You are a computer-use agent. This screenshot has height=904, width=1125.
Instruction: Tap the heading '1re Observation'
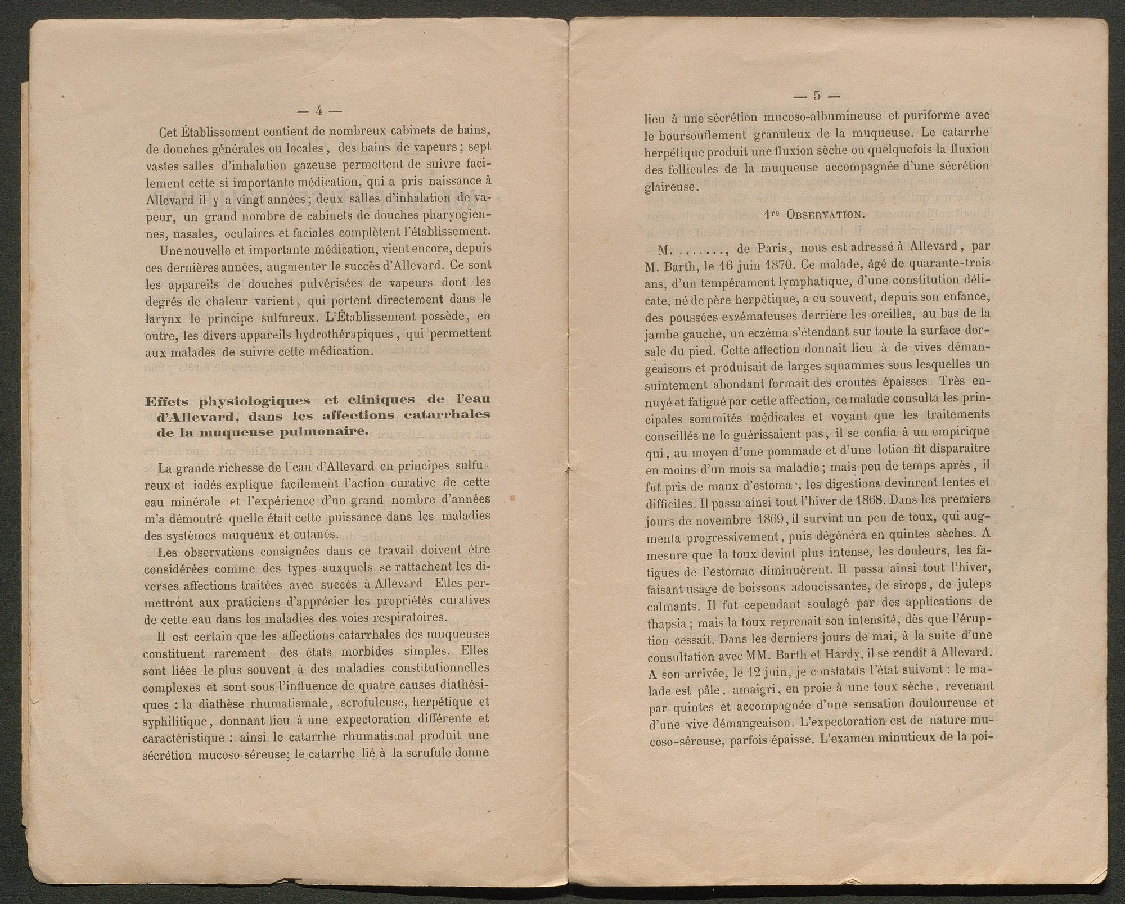813,214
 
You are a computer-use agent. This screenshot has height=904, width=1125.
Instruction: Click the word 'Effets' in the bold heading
168,400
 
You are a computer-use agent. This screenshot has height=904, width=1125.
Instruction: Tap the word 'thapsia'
665,623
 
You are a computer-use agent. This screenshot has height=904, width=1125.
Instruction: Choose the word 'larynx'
161,318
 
